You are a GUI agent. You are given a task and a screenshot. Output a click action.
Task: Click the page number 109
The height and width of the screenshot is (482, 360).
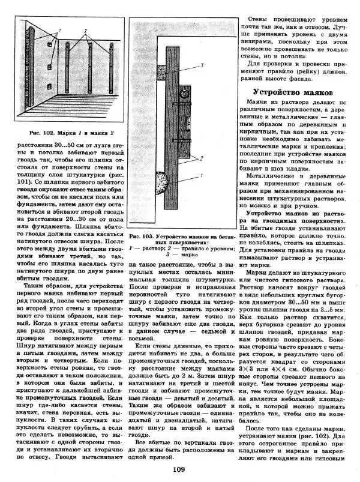pos(178,470)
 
